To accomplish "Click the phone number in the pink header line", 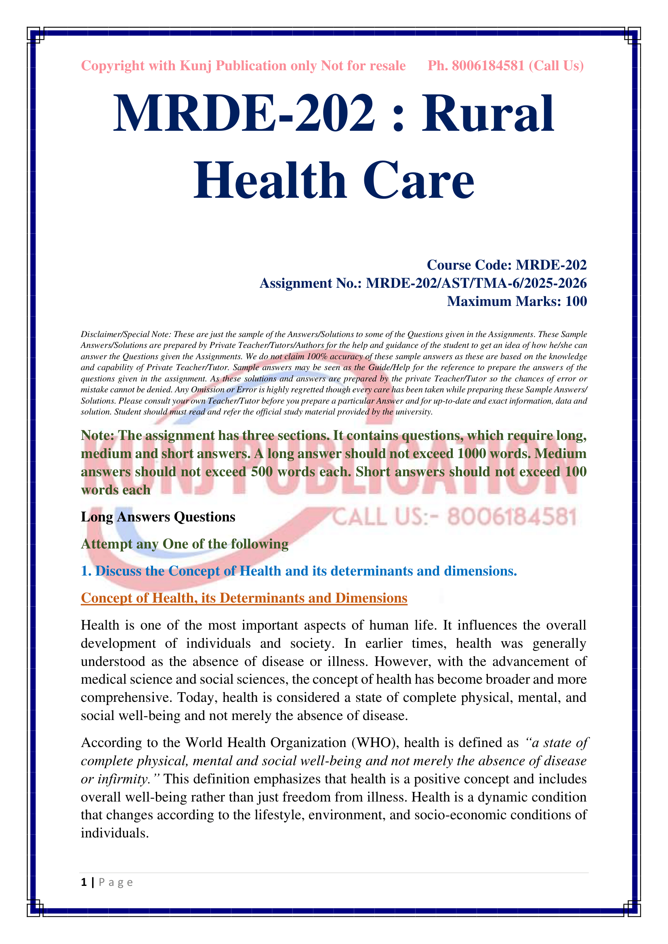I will pyautogui.click(x=488, y=66).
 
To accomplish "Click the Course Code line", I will pyautogui.click(x=506, y=265).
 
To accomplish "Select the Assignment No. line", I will pyautogui.click(x=423, y=283).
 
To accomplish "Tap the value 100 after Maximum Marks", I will pyautogui.click(x=576, y=301).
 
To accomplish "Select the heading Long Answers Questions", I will pyautogui.click(x=158, y=517).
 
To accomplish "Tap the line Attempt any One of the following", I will pyautogui.click(x=185, y=544).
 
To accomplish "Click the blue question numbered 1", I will pyautogui.click(x=298, y=571).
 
